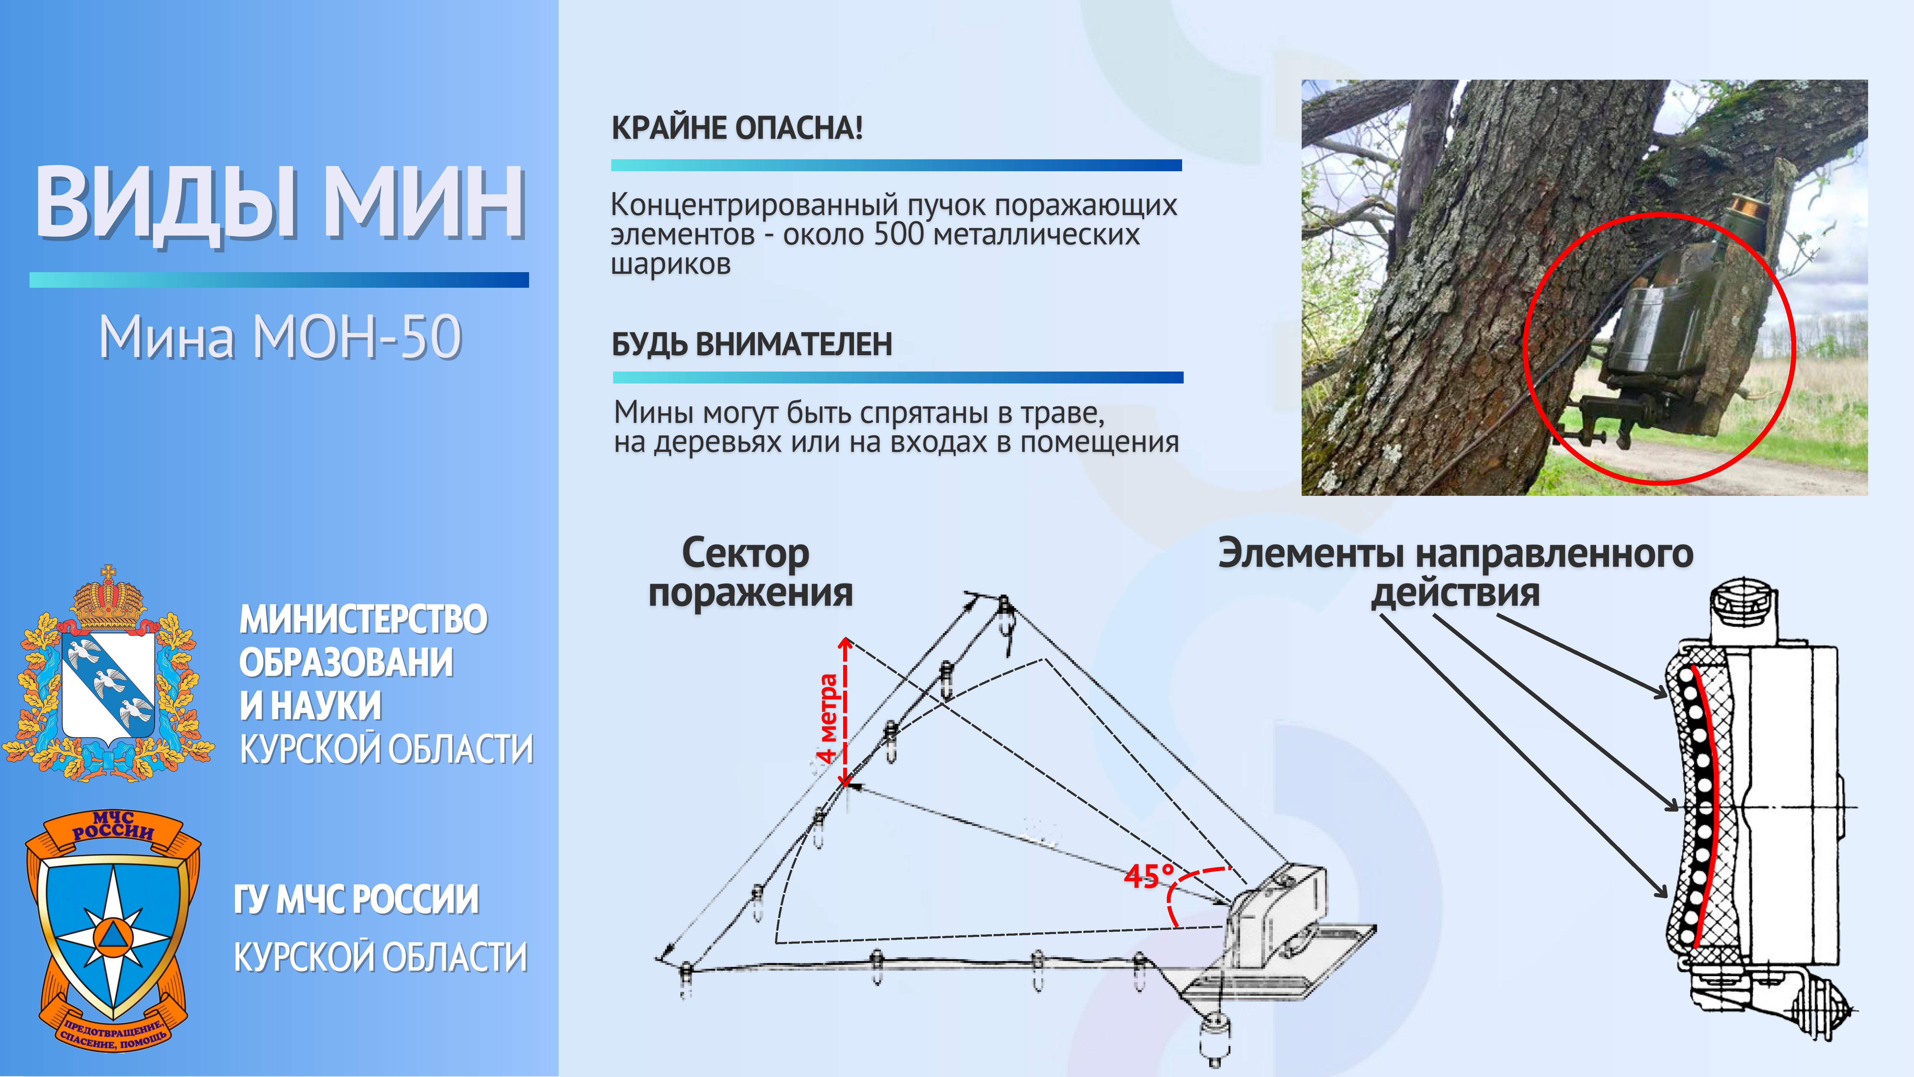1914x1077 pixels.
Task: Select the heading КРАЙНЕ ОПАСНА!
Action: [737, 128]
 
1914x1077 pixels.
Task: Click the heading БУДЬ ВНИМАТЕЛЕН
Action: [752, 344]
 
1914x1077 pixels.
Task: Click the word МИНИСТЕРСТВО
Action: [363, 619]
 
